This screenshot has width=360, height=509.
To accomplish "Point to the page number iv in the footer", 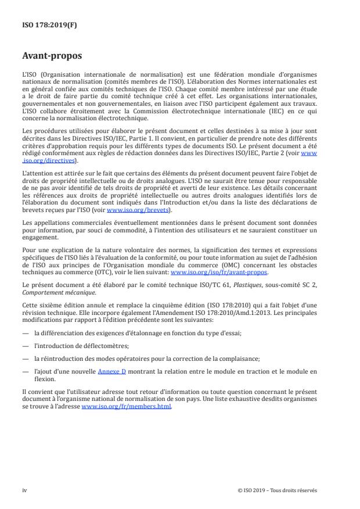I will [24, 490].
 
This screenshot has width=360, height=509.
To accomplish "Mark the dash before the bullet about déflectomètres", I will [26, 344].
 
